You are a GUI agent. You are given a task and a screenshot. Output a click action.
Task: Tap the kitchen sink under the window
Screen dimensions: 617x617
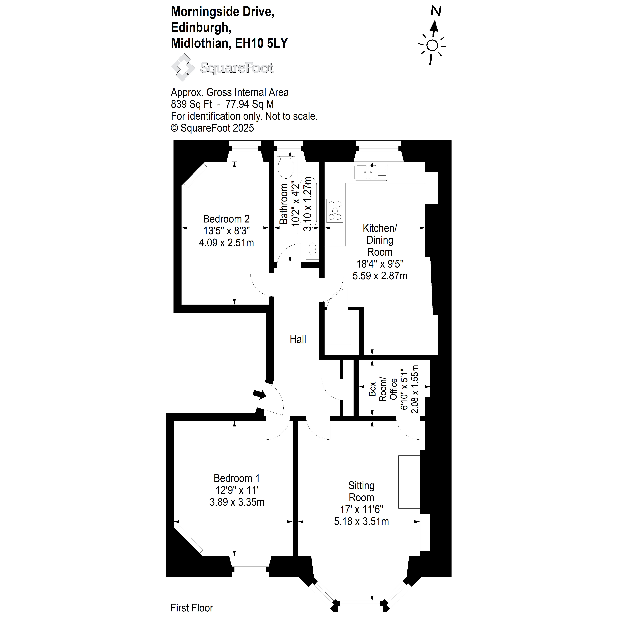point(371,172)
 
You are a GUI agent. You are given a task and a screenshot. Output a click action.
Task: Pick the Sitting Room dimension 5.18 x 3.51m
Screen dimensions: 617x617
point(362,521)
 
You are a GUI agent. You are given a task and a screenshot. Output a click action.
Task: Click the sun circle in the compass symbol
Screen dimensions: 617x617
point(432,46)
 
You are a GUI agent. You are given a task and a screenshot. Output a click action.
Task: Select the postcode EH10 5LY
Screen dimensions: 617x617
point(261,43)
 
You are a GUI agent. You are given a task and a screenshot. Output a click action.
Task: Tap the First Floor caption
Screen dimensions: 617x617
point(192,608)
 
